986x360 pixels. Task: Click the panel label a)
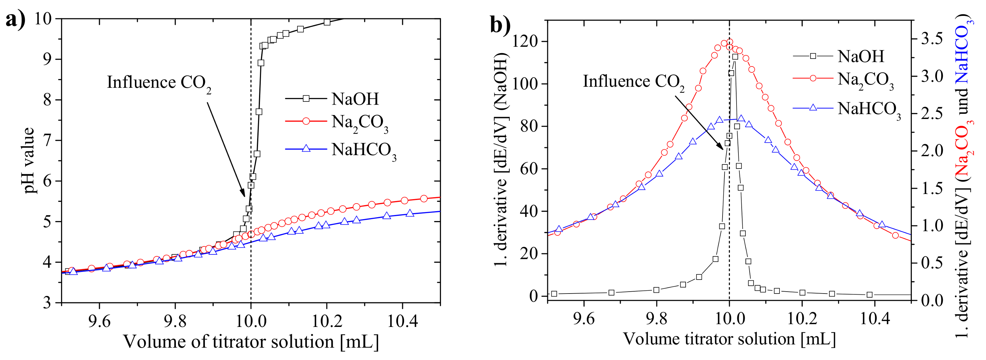click(x=15, y=19)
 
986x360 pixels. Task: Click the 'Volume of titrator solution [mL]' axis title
click(x=251, y=342)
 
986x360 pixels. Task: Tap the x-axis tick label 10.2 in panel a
click(x=326, y=321)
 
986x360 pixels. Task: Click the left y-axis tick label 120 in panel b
click(x=526, y=41)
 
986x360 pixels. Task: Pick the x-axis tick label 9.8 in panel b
click(x=656, y=318)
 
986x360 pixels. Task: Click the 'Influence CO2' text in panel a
click(x=158, y=83)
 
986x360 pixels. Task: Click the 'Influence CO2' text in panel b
click(x=633, y=82)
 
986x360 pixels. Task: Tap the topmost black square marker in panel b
click(x=735, y=57)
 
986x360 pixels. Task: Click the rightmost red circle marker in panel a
click(x=424, y=198)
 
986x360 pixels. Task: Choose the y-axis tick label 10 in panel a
click(x=43, y=18)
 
